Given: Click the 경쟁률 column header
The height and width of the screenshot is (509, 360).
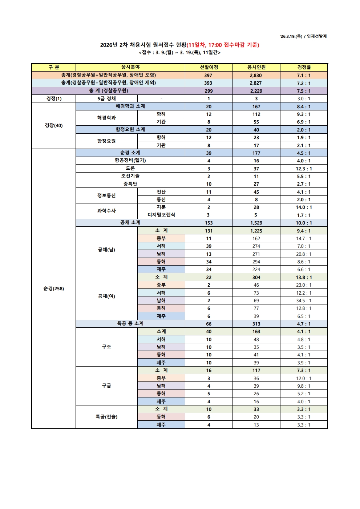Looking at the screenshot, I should pos(304,67).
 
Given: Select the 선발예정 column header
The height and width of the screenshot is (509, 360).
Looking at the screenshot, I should pos(209,67).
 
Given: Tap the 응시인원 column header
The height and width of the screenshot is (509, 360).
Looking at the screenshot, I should pos(256,67).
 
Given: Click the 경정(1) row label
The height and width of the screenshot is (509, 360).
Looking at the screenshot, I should pos(54,98).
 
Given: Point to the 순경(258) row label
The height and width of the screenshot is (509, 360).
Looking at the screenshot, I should pos(54,288).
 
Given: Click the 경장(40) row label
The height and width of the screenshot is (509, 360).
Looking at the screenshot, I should pos(54,125).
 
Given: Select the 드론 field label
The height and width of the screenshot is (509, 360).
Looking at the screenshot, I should pos(130,169).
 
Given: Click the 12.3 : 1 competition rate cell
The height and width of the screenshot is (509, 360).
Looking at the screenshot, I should pos(304,169).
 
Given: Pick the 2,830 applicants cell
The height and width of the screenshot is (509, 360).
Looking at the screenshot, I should pos(256,75).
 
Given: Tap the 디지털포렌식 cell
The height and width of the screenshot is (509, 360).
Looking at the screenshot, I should pos(161,215).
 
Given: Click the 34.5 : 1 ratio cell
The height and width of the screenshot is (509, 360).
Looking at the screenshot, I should pos(304,300).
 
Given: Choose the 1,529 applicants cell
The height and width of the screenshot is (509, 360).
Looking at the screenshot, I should pos(256,223).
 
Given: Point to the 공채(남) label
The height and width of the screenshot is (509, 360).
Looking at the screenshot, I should pos(106,250).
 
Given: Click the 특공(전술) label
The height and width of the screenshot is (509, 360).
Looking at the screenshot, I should pos(106,417).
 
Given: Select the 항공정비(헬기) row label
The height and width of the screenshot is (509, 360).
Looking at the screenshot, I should pos(130,161).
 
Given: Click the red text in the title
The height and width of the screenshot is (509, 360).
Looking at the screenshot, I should pos(223,45).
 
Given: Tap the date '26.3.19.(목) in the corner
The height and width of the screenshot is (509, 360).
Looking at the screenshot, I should pos(291,36).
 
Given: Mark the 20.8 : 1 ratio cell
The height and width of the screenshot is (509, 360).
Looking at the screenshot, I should pos(304,254).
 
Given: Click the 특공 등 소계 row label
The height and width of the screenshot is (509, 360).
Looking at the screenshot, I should pos(130,324).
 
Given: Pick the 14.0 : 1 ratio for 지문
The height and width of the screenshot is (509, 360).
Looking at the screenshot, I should pos(304,207).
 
